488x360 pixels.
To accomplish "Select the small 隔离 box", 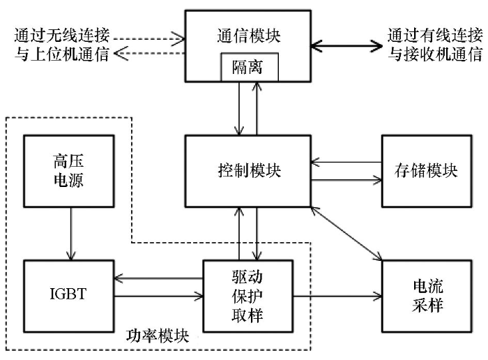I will (250, 67).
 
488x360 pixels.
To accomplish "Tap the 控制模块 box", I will (248, 170).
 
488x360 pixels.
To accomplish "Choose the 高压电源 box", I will (68, 170).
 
